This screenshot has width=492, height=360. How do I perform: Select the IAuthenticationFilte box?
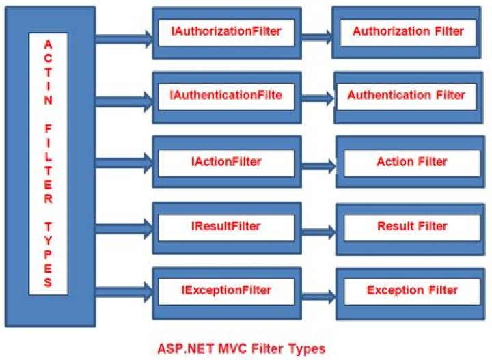tap(225, 96)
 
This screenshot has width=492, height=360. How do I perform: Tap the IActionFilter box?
tap(225, 162)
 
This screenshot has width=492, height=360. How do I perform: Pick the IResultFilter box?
tap(225, 225)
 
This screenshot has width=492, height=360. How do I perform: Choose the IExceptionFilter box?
tap(225, 290)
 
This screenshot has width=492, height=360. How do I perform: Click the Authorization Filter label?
tap(408, 31)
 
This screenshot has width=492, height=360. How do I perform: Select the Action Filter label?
tap(411, 162)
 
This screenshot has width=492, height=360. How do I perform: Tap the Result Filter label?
tap(411, 226)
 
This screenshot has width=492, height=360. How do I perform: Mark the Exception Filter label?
tap(411, 290)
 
